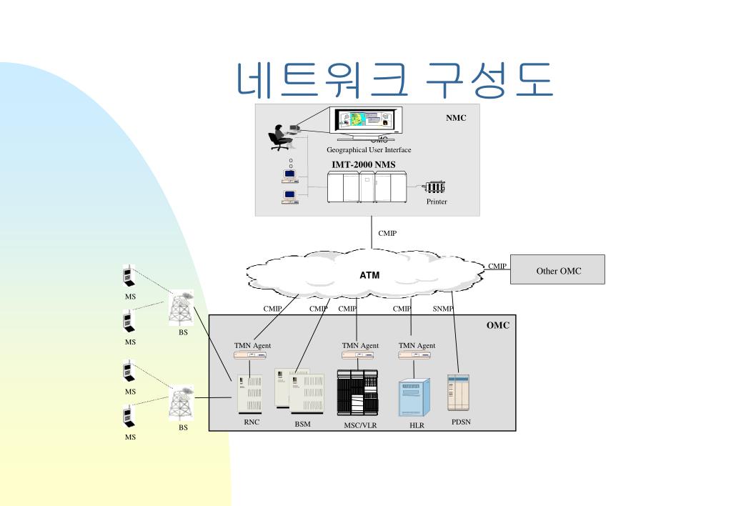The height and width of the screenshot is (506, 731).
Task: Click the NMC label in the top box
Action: [x=456, y=118]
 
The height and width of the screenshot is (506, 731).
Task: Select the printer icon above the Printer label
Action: [x=434, y=188]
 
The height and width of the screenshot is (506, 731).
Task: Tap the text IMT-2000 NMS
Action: [x=363, y=165]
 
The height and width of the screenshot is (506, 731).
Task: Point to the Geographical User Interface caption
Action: [x=369, y=150]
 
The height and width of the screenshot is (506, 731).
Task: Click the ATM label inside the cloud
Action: [x=369, y=274]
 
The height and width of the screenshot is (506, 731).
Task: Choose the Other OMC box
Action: [x=558, y=270]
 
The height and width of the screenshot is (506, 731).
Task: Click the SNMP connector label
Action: [x=443, y=309]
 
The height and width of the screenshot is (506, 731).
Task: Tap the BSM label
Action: [x=303, y=423]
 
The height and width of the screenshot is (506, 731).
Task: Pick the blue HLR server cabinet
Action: [x=415, y=397]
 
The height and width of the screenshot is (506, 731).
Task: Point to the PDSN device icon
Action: [x=457, y=392]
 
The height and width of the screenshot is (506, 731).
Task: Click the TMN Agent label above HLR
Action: [x=417, y=346]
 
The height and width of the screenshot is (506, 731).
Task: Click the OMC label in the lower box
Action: [x=498, y=325]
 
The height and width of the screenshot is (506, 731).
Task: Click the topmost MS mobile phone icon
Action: [x=127, y=277]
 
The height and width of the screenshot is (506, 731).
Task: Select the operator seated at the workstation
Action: [x=279, y=136]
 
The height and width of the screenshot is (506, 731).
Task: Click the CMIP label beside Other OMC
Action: [x=497, y=266]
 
